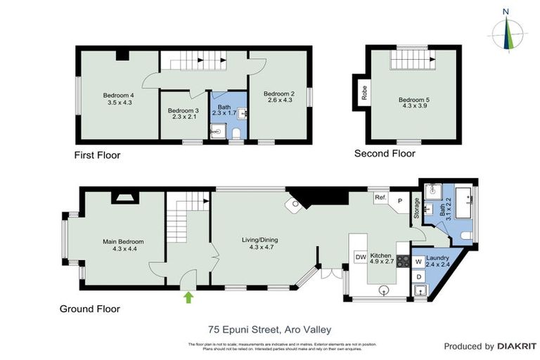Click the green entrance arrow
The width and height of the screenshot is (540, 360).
(188, 297)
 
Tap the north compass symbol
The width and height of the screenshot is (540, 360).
(506, 31)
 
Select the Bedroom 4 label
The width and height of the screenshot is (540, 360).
(118, 98)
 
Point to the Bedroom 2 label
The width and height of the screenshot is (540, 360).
(278, 97)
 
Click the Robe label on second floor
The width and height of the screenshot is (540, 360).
(364, 94)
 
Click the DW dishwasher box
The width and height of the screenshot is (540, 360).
(360, 257)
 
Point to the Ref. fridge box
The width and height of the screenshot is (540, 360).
(380, 198)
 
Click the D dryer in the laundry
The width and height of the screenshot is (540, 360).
(418, 276)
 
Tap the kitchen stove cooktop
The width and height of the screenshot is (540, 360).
(404, 261)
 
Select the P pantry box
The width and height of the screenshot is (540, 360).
(399, 201)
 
